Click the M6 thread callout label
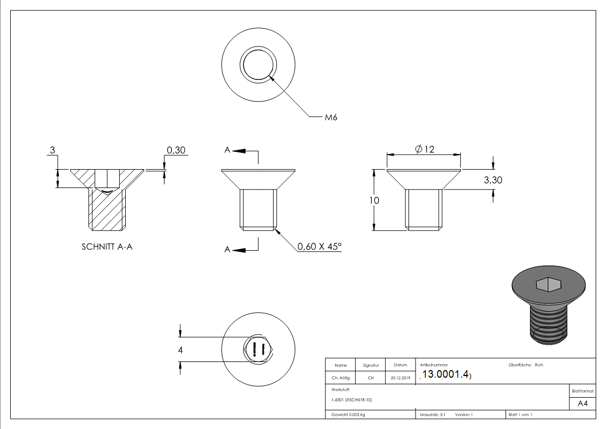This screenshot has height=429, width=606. coord(331,117)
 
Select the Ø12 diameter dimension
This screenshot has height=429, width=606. coord(425,150)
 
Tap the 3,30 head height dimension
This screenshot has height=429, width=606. coord(493,180)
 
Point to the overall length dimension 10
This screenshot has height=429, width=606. coord(374,200)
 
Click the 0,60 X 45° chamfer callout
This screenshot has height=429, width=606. coord(319,246)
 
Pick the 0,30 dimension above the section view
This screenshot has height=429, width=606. coord(176,150)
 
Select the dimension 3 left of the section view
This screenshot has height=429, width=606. coord(52,150)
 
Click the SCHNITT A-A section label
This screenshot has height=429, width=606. coord(107,246)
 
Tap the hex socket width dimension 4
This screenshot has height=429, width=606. coord(181,350)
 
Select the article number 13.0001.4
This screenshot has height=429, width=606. coord(446,375)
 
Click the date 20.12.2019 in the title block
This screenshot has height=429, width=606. coord(400,378)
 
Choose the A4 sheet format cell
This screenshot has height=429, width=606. coord(582,404)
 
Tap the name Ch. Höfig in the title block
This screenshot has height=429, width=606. coord(340,378)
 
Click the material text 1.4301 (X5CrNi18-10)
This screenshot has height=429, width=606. coord(352,400)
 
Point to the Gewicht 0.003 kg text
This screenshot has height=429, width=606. coord(348,415)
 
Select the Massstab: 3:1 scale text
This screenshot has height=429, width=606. coord(432,415)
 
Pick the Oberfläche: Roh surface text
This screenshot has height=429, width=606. coord(526,365)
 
